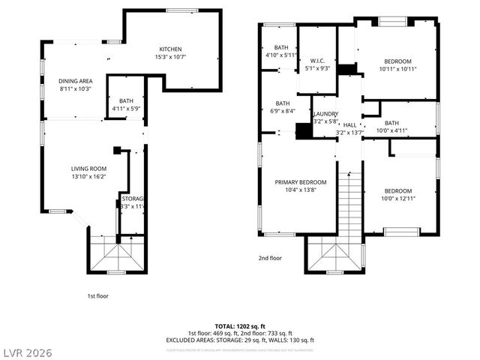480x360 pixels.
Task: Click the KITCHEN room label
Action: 170,49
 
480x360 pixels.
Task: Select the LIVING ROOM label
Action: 88,169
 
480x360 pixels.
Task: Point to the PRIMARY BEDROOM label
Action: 300,182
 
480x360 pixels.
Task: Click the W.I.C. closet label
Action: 316,60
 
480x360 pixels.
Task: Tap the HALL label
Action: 349,124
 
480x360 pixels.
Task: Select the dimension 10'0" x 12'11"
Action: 397,198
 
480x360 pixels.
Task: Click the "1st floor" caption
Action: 97,296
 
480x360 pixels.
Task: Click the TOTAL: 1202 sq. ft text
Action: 239,325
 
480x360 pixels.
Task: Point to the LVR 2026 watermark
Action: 27,351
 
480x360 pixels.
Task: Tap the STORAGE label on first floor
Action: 132,199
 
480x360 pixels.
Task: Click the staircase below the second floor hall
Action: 349,202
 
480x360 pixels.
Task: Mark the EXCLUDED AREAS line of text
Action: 239,340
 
